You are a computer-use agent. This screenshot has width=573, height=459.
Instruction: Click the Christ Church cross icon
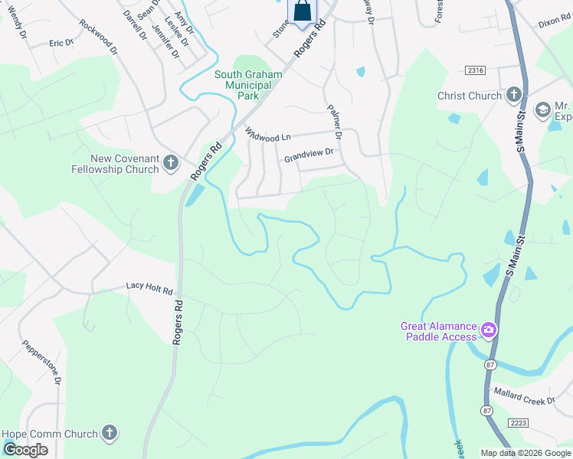tap(513, 96)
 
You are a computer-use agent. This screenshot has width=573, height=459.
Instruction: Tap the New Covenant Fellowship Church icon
tap(170, 162)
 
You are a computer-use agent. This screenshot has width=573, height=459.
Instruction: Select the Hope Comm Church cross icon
tap(110, 434)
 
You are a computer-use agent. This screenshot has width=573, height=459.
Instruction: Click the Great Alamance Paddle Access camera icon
tap(488, 330)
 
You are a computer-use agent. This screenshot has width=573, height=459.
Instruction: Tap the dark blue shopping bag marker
tap(303, 11)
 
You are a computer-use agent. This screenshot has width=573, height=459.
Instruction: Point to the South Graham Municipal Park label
tap(248, 85)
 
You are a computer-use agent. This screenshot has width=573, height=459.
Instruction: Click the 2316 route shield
tap(475, 70)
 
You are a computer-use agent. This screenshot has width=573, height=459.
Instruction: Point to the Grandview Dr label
tap(309, 155)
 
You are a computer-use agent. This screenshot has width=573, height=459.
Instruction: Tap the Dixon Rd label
tap(555, 24)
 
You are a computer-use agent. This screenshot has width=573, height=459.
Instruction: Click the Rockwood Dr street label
tap(99, 35)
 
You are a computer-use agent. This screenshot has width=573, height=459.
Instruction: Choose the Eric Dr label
tap(61, 44)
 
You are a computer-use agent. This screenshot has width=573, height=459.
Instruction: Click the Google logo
tap(25, 450)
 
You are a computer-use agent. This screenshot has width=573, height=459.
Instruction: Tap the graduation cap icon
tap(543, 110)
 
